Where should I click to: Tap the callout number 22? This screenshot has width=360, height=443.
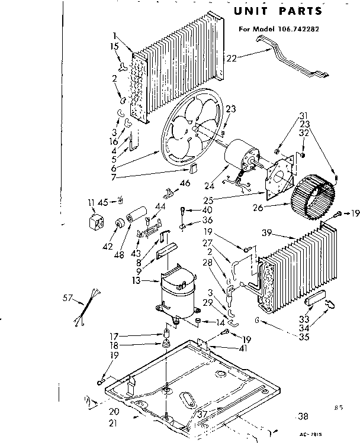click(x=232, y=57)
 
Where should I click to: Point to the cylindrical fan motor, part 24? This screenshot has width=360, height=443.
click(x=241, y=156)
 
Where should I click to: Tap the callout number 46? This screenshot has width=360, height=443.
click(x=185, y=183)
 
